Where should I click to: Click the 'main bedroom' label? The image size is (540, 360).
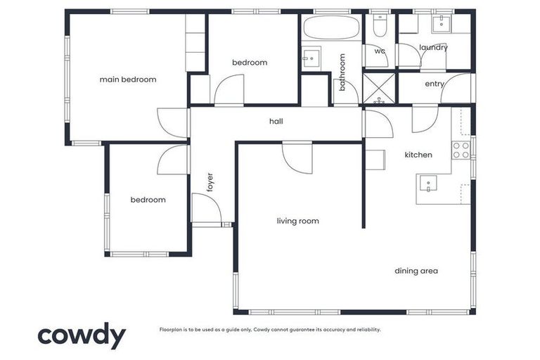tap(128, 79)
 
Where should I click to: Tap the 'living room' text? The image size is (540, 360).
tap(297, 221)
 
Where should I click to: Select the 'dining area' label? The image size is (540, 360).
tap(416, 271)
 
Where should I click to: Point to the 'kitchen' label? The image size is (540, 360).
tap(418, 155)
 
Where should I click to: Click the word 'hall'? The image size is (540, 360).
tap(276, 121)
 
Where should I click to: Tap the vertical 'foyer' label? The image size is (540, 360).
tap(210, 182)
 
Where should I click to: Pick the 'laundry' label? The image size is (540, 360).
tap(433, 48)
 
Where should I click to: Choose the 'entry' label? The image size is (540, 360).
tap(435, 84)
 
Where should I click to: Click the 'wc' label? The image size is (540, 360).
tap(380, 51)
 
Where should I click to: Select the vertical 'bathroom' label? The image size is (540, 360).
tap(343, 72)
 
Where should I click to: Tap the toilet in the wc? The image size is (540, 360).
tap(380, 27)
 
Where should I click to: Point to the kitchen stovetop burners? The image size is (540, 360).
tap(461, 150)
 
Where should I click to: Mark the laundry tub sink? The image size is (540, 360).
tap(441, 23)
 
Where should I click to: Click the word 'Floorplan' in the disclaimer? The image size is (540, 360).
tap(173, 329)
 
